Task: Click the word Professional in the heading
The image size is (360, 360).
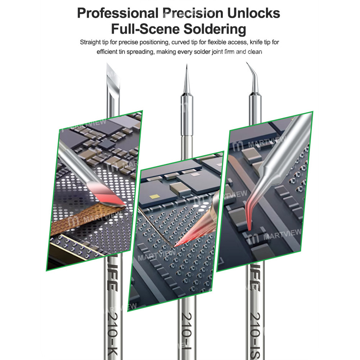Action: tap(116, 13)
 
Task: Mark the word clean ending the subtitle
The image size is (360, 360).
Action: tap(255, 52)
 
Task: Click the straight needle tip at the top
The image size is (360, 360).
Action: tap(186, 77)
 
